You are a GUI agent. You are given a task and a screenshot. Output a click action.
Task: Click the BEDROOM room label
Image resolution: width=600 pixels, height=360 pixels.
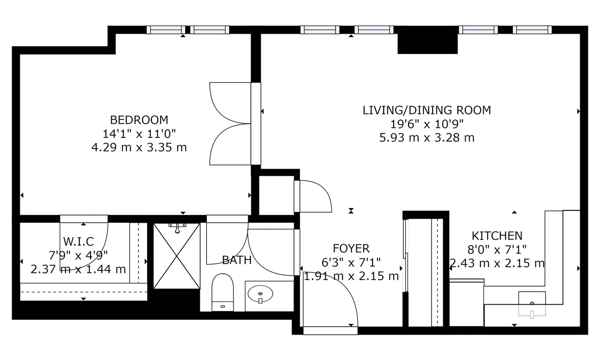click(x=139, y=120)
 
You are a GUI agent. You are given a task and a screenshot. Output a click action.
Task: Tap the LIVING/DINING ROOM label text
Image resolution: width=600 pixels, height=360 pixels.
click(x=426, y=110)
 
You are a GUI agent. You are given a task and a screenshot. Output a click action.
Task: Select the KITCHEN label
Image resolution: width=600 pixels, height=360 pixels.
click(x=497, y=236)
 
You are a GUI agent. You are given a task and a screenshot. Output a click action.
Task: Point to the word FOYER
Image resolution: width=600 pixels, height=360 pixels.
click(x=352, y=249)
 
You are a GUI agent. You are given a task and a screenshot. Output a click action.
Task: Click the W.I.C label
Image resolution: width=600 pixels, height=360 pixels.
click(x=78, y=241)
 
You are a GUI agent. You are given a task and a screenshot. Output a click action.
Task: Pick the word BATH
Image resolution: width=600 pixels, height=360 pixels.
click(x=237, y=260)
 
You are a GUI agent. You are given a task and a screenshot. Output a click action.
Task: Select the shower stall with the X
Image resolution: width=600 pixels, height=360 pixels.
click(x=176, y=256)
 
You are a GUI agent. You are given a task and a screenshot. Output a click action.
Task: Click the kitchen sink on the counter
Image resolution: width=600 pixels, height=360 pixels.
click(x=532, y=304)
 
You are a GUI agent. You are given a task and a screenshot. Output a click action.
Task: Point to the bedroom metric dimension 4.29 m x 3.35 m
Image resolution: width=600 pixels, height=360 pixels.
click(x=139, y=148)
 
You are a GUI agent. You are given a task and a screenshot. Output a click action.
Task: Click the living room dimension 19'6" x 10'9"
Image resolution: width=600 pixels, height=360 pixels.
click(x=426, y=124)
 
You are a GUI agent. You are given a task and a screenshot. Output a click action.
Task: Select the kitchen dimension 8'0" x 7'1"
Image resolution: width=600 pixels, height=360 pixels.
click(x=497, y=250)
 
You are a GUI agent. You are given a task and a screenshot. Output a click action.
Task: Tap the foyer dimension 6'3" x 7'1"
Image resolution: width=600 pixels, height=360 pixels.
click(x=352, y=263)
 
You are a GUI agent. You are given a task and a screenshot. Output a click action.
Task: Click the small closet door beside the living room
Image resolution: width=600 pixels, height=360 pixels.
click(x=314, y=196)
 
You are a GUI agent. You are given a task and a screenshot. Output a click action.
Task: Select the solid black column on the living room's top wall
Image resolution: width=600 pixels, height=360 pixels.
click(x=427, y=40)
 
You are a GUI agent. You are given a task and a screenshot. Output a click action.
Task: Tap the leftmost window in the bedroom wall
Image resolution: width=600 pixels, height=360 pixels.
click(x=166, y=30)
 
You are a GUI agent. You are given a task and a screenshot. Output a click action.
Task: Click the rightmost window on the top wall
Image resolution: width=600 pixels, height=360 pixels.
click(x=532, y=30)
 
